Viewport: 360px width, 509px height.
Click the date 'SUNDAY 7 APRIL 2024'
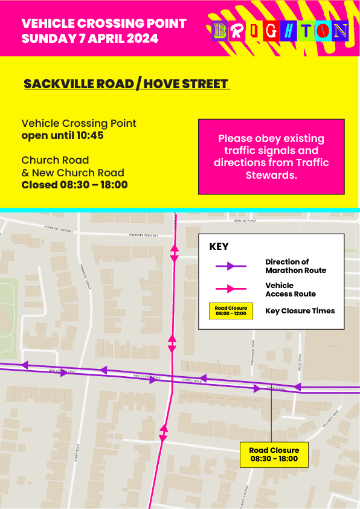(x=89, y=39)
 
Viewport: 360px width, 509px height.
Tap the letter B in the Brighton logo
(x=220, y=31)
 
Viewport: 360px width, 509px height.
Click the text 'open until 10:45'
(x=62, y=135)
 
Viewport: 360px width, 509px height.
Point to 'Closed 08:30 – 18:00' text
(x=74, y=185)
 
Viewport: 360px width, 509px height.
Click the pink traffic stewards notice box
(x=271, y=156)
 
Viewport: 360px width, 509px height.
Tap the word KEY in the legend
(x=219, y=247)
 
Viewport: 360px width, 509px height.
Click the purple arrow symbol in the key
(x=231, y=266)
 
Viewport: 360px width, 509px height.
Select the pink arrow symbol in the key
(x=231, y=289)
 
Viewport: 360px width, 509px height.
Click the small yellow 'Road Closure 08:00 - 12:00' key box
(x=231, y=311)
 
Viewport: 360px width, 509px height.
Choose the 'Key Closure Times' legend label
(x=300, y=311)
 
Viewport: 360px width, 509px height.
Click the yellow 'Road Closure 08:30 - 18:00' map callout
(x=274, y=454)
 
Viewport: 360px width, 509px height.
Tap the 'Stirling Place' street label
(x=246, y=222)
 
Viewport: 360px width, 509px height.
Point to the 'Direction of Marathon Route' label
(x=295, y=266)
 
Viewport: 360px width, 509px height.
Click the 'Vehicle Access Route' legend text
(x=291, y=289)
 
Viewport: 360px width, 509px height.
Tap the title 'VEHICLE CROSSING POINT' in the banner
(x=104, y=24)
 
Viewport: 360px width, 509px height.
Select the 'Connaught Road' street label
(x=254, y=351)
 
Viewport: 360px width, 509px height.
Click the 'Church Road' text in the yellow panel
(x=55, y=160)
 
